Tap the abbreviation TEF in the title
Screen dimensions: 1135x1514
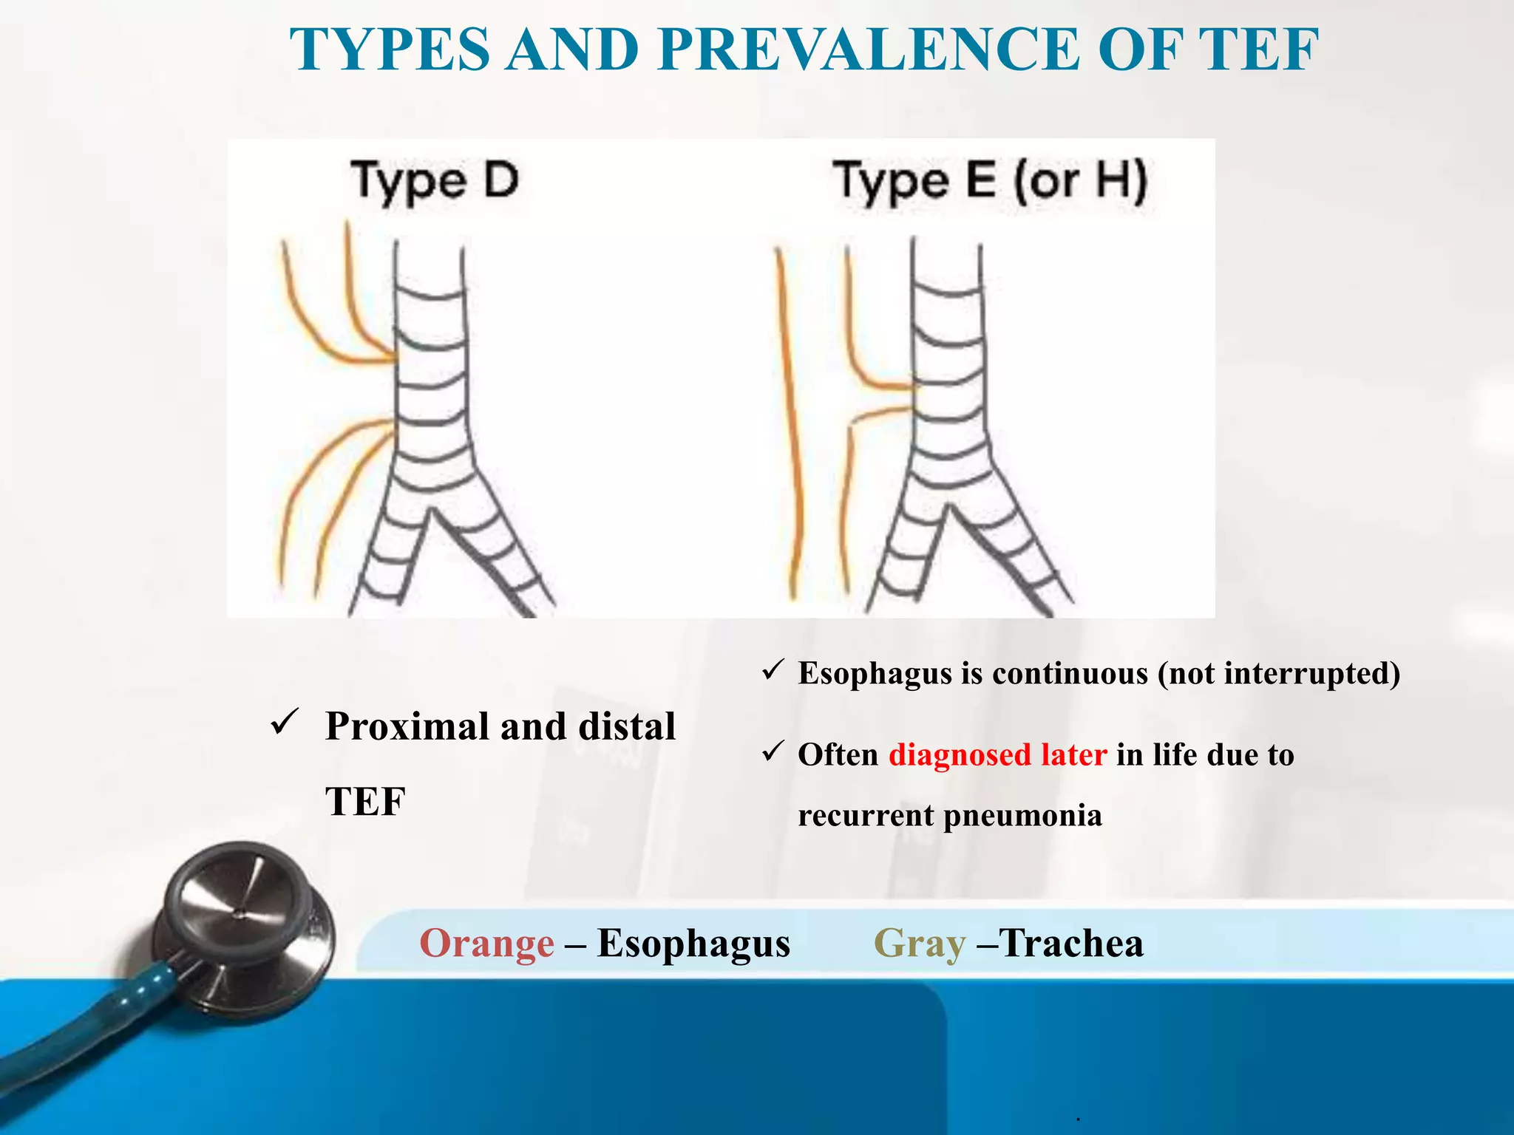coord(1257,50)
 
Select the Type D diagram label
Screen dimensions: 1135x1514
coord(435,181)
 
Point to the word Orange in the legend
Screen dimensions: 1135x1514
coord(486,944)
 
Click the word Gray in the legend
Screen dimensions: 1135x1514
coord(919,944)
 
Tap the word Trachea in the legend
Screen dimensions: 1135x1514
coord(1072,944)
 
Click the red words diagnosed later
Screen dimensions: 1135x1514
coord(997,754)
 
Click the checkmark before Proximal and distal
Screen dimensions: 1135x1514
coord(284,722)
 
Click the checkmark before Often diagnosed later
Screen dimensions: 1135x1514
coord(773,751)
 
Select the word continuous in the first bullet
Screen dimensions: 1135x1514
coord(1070,673)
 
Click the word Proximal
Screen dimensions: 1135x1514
coord(407,726)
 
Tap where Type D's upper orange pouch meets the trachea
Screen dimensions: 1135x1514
coord(393,361)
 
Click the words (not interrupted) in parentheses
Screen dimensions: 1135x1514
coord(1279,673)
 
